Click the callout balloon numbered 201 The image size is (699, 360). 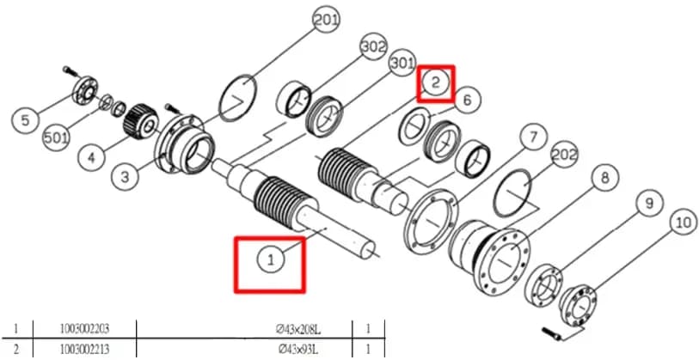pos(327,20)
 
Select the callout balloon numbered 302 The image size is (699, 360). pos(373,46)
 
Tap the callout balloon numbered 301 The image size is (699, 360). pos(402,64)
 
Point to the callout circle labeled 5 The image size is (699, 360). pos(26,120)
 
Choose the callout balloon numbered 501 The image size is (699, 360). pos(57,138)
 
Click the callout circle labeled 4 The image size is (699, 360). pos(91,158)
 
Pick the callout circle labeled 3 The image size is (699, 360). pos(126,177)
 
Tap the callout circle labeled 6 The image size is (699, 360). pos(466,100)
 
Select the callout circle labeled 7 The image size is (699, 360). pos(534,138)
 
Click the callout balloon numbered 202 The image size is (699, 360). pos(564,154)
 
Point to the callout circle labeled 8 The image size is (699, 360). pos(604,177)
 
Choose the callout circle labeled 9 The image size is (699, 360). pos(649,203)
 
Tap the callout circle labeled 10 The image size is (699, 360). pos(684,222)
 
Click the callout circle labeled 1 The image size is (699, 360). pos(272,259)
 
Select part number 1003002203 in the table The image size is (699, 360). pos(85,329)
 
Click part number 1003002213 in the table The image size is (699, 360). pos(85,349)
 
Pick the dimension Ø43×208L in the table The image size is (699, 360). pos(298,330)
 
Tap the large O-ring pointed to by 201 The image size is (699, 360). pos(238,98)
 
